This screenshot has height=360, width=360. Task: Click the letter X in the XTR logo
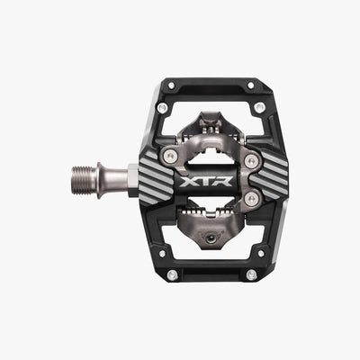click(189, 182)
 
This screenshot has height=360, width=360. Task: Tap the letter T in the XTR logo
click(206, 182)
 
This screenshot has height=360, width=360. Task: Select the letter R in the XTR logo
click(223, 182)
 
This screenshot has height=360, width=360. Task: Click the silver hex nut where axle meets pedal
click(134, 180)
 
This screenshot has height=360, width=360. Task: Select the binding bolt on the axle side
click(169, 156)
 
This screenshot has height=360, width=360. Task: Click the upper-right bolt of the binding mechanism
click(251, 161)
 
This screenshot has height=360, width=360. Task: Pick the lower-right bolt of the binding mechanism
click(251, 198)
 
